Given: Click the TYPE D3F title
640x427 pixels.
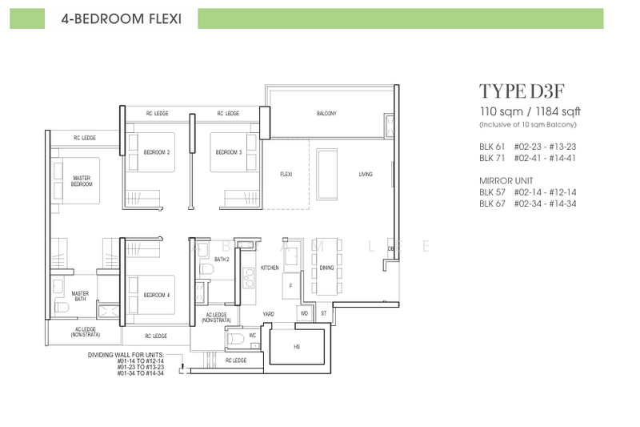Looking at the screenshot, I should [516, 90].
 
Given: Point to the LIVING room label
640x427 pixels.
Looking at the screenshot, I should [366, 174].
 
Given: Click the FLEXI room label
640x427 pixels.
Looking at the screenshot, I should [286, 174].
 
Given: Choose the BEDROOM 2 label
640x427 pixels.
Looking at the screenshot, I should [156, 152].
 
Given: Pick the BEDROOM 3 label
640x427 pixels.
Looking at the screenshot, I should [227, 152].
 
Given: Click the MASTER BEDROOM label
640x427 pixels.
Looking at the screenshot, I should [81, 181].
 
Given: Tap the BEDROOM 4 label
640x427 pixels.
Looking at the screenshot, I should [156, 295].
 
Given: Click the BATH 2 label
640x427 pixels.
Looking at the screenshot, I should [222, 260].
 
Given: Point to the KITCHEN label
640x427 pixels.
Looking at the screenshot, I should [270, 268].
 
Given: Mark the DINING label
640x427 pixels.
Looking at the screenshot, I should [326, 268].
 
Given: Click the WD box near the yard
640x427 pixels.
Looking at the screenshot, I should [304, 313].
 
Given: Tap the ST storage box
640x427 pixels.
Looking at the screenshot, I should [324, 313].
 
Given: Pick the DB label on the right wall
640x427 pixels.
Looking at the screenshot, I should [391, 249].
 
